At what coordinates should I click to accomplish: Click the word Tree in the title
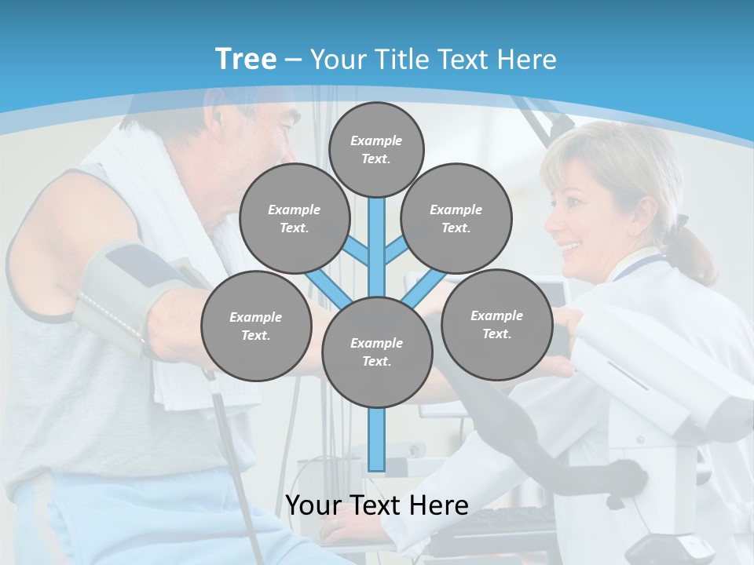[x=246, y=59]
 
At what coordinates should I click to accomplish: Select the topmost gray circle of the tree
[x=376, y=149]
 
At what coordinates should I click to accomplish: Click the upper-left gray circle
[x=295, y=219]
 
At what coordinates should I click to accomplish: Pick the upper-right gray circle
[x=456, y=219]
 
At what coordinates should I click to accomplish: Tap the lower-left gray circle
[x=256, y=326]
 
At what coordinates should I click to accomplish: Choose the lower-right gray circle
[x=497, y=325]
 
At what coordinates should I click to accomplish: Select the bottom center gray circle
[x=377, y=352]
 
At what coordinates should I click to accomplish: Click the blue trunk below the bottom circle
[x=377, y=439]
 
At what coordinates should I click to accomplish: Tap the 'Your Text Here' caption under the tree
[x=377, y=505]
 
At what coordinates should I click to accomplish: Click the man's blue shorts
[x=118, y=518]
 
